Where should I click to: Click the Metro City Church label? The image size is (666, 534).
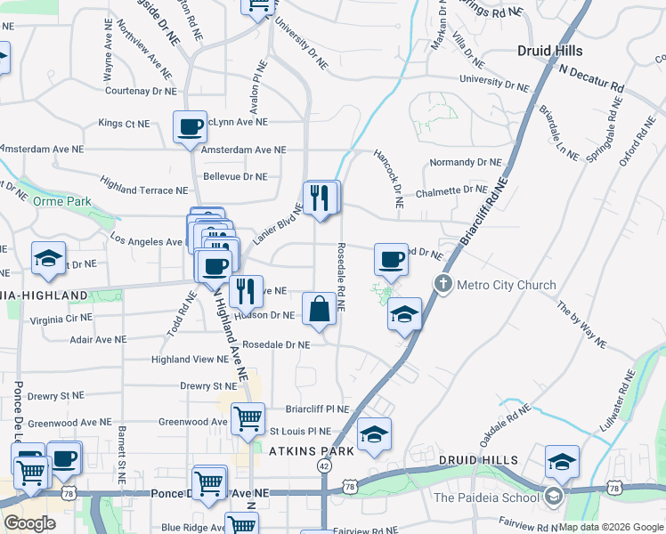pyautogui.click(x=506, y=285)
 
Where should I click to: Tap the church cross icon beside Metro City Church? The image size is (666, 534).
pyautogui.click(x=443, y=285)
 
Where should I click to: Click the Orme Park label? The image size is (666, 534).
pyautogui.click(x=57, y=201)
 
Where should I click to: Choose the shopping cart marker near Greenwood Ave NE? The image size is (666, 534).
pyautogui.click(x=248, y=418)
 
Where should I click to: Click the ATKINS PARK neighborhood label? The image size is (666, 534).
pyautogui.click(x=312, y=451)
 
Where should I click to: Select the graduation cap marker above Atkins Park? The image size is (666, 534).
pyautogui.click(x=374, y=436)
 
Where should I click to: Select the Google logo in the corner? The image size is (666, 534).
pyautogui.click(x=29, y=523)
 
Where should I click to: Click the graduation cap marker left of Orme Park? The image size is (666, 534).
pyautogui.click(x=48, y=259)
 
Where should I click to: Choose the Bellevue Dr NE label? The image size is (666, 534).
pyautogui.click(x=235, y=176)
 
